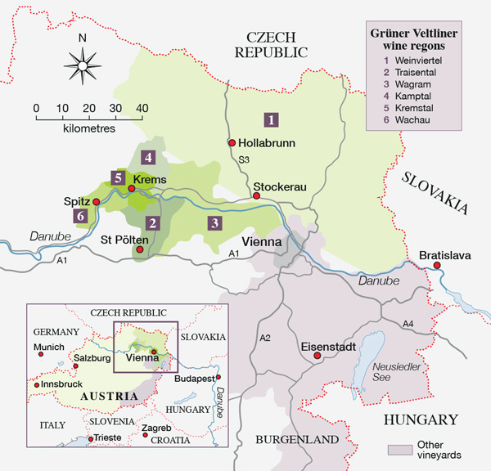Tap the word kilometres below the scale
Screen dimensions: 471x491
click(x=88, y=129)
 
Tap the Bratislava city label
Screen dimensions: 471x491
click(x=445, y=255)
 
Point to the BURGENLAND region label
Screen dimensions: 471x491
click(x=295, y=440)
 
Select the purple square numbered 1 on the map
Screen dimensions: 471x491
click(x=271, y=119)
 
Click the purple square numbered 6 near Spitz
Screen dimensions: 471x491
click(x=79, y=216)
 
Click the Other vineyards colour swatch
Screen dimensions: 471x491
click(x=399, y=450)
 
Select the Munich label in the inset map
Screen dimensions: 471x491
click(x=48, y=347)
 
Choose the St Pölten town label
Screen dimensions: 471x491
click(x=124, y=240)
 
